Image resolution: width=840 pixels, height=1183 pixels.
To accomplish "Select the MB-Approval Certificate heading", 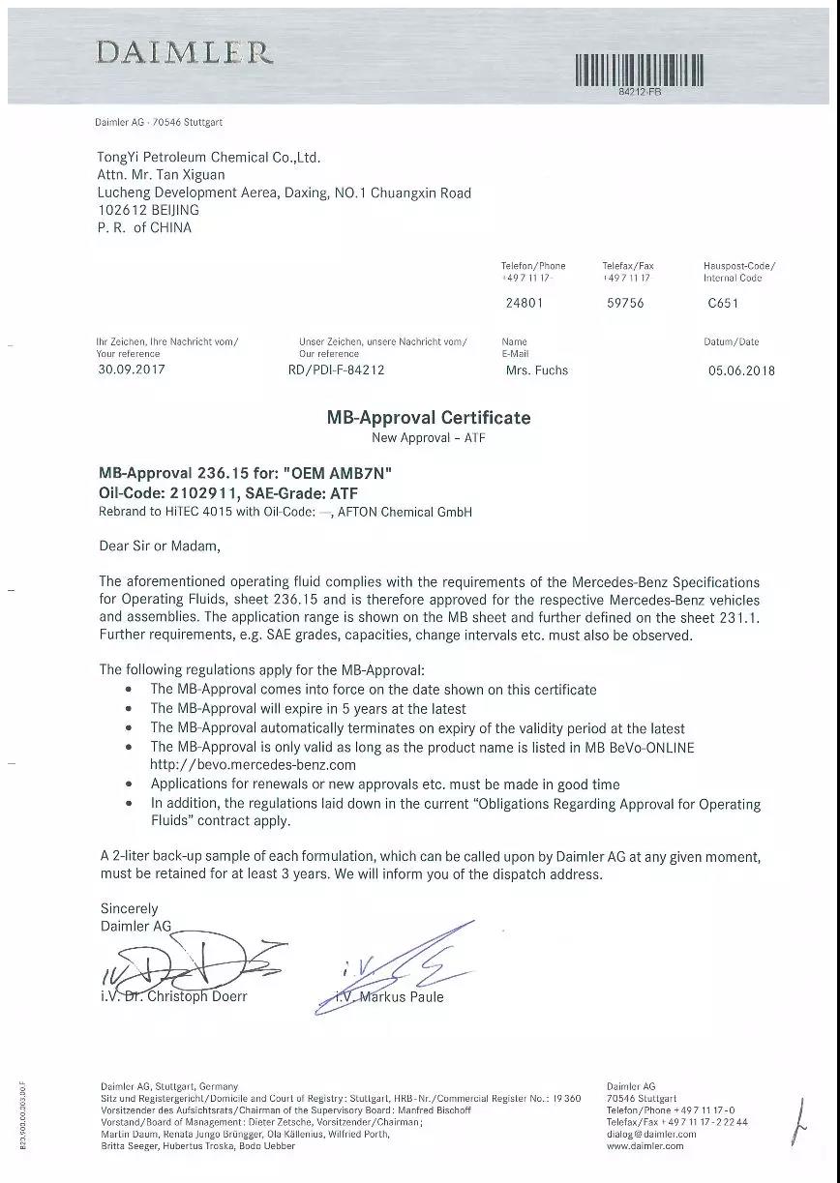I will click(428, 418).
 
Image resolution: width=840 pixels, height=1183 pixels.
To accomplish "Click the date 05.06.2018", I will click(742, 370).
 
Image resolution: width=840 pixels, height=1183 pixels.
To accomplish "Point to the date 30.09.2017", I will click(132, 369).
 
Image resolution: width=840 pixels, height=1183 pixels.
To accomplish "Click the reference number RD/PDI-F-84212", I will click(329, 370).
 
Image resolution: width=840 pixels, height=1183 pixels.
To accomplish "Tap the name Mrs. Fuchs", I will click(537, 370).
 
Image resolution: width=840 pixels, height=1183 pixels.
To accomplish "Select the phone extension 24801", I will click(525, 303).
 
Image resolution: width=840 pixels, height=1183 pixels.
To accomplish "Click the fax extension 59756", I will click(624, 303).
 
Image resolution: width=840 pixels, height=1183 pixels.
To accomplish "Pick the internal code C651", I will click(723, 303).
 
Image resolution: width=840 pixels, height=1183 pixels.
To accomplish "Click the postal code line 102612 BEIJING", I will click(148, 210).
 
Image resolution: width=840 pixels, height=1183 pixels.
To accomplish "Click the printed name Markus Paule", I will click(401, 997).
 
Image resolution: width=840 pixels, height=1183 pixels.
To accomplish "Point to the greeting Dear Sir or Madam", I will click(160, 547).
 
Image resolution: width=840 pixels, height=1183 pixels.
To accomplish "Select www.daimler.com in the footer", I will click(645, 1146).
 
